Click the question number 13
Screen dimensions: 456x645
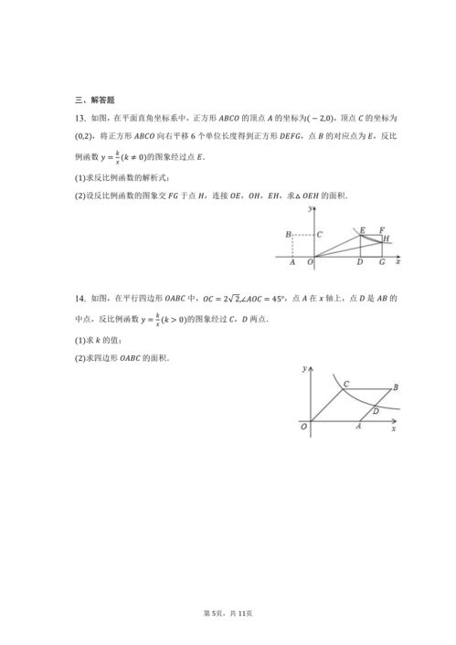pyautogui.click(x=80, y=119)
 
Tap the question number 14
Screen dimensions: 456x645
pyautogui.click(x=80, y=299)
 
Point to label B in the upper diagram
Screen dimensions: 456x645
pyautogui.click(x=288, y=236)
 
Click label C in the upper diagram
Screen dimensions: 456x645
pyautogui.click(x=319, y=235)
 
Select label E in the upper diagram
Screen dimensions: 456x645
pyautogui.click(x=362, y=229)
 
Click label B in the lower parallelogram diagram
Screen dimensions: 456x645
pyautogui.click(x=394, y=387)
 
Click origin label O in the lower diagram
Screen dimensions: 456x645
pyautogui.click(x=303, y=427)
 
